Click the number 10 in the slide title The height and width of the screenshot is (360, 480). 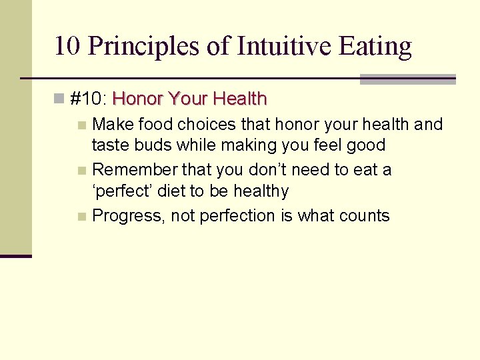coord(67,46)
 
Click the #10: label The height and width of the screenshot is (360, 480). coord(89,99)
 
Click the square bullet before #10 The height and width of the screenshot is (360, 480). coord(59,99)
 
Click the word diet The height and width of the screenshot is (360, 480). coord(173,191)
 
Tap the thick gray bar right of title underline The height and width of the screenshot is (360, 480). coord(407,79)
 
